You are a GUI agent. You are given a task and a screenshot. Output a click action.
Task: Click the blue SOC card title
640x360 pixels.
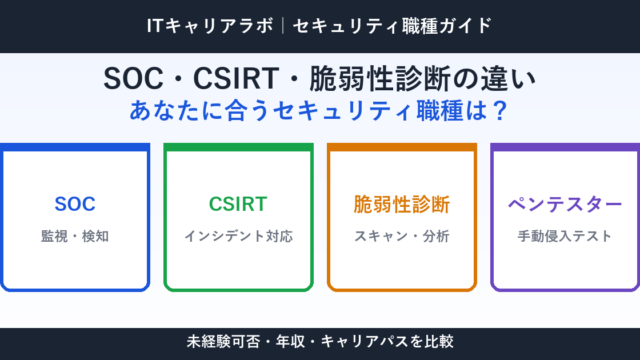(x=75, y=204)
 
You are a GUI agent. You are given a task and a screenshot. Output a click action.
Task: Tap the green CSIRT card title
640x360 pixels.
(x=238, y=204)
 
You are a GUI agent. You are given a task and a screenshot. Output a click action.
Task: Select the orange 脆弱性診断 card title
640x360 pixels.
(x=402, y=204)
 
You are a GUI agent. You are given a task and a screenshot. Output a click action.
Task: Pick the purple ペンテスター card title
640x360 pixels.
(x=565, y=204)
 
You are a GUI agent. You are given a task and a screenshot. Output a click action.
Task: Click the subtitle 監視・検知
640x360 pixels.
(x=75, y=236)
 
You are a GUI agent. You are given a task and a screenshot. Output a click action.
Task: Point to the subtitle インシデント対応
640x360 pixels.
(x=238, y=236)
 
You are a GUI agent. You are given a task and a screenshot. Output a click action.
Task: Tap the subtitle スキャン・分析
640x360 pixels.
(x=402, y=236)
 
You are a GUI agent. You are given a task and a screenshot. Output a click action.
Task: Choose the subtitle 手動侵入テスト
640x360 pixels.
(x=565, y=236)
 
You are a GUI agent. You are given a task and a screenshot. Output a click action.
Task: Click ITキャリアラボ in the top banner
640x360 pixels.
(x=210, y=26)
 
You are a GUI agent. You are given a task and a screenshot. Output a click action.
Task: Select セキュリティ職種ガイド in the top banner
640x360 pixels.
(x=393, y=26)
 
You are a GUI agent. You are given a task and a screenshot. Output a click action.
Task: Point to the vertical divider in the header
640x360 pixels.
(x=283, y=26)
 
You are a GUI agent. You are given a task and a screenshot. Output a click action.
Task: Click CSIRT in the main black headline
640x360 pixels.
(x=236, y=78)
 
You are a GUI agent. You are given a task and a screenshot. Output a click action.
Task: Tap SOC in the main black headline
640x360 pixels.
(x=133, y=78)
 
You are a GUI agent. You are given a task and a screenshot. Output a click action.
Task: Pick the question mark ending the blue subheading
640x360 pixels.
(x=500, y=111)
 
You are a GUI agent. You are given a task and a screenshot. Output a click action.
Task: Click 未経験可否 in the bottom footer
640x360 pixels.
(x=223, y=341)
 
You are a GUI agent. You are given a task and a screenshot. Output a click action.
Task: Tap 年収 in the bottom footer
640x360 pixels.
(x=290, y=341)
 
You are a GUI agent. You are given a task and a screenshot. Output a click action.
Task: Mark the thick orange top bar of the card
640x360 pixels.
(x=402, y=147)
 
